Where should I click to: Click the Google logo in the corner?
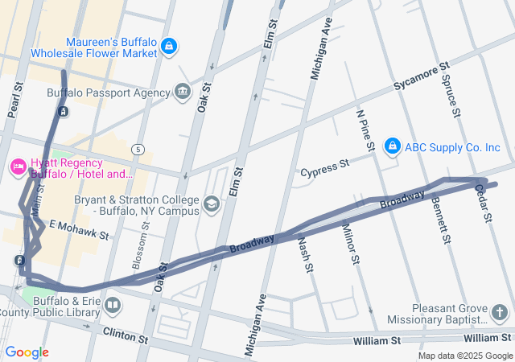[27, 352]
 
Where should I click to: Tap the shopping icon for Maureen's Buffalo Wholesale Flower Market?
[169, 47]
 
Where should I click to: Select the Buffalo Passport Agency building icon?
[183, 92]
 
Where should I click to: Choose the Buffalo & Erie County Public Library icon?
[113, 306]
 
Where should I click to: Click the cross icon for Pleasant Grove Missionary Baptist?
[499, 312]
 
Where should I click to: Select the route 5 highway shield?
[138, 149]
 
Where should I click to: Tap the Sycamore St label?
[420, 78]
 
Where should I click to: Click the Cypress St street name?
[324, 168]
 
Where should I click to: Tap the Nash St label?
[304, 254]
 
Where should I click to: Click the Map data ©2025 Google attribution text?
[464, 356]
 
